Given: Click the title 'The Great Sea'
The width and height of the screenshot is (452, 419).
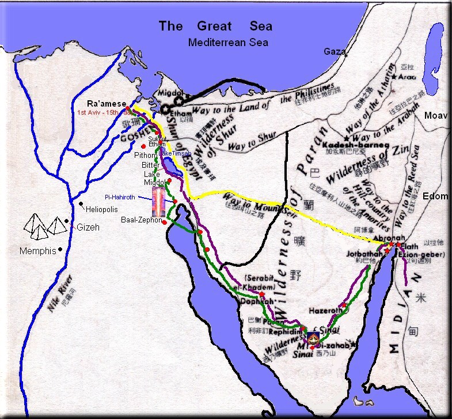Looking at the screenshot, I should pos(215,26).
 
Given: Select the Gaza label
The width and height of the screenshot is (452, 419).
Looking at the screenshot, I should pos(335,51).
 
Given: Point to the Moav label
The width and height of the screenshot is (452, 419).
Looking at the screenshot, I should pos(436,116).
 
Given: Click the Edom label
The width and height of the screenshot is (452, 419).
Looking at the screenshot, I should pos(435,196).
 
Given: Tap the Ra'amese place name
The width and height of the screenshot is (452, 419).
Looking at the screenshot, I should pos(107,103).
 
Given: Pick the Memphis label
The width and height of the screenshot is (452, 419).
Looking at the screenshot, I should pos(38,251).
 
